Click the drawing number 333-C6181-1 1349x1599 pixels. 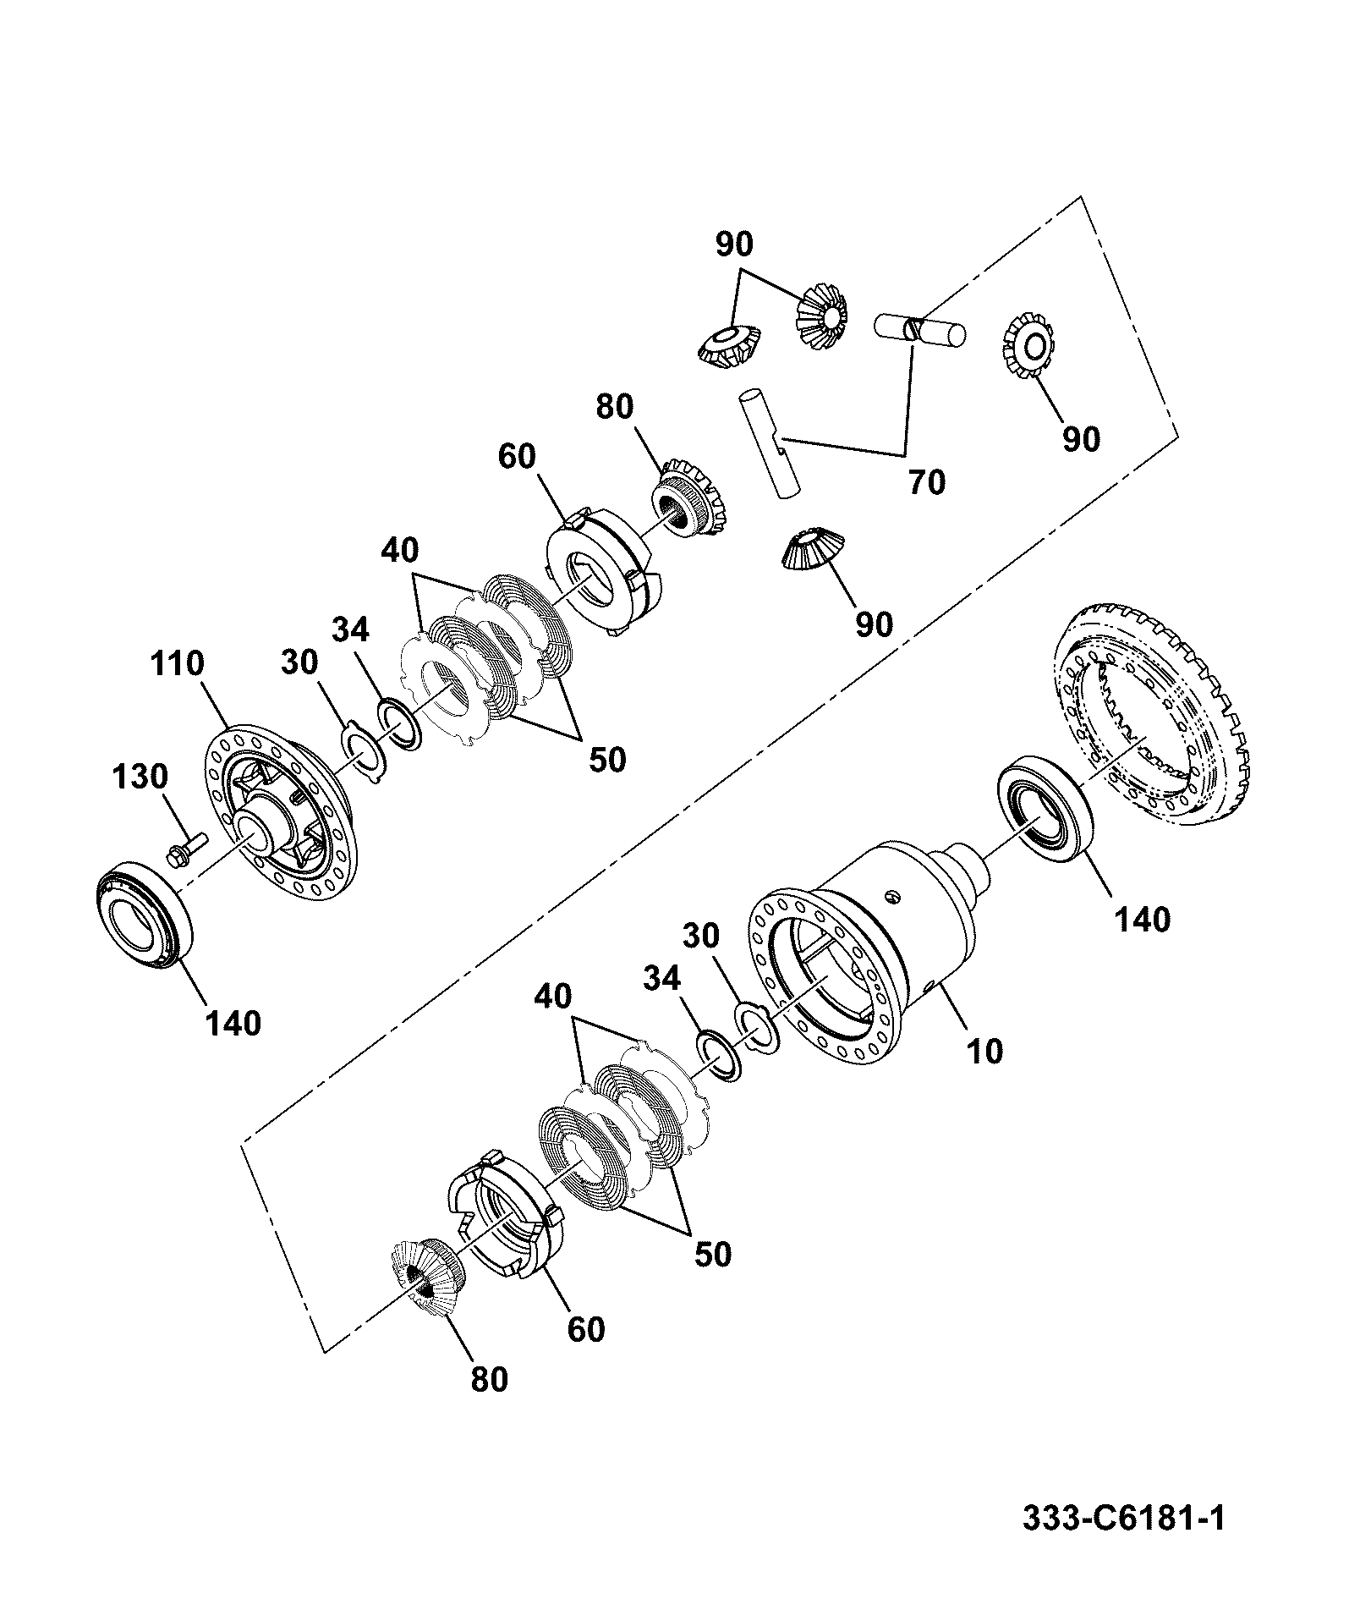click(1123, 1515)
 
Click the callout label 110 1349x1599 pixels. click(178, 663)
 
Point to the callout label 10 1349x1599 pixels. click(984, 1051)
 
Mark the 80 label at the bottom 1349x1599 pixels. click(489, 1379)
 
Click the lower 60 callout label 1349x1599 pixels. click(586, 1328)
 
